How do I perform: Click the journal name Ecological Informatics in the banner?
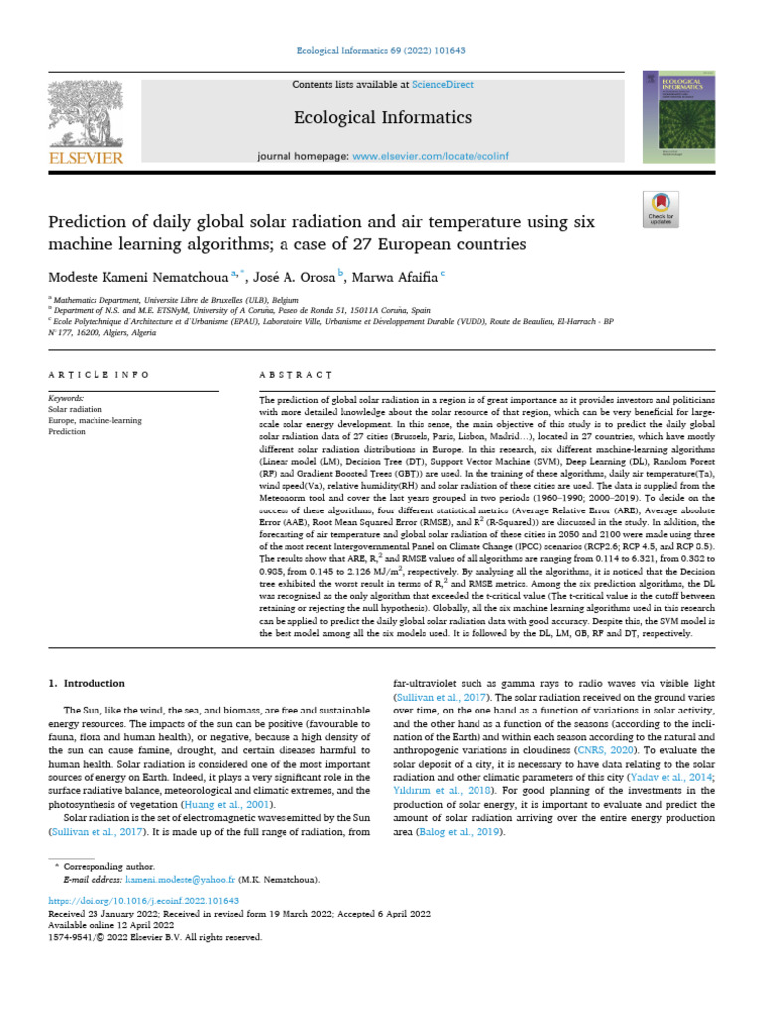382,118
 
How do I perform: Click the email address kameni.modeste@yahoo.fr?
184,881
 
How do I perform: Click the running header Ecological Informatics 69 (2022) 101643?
382,50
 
